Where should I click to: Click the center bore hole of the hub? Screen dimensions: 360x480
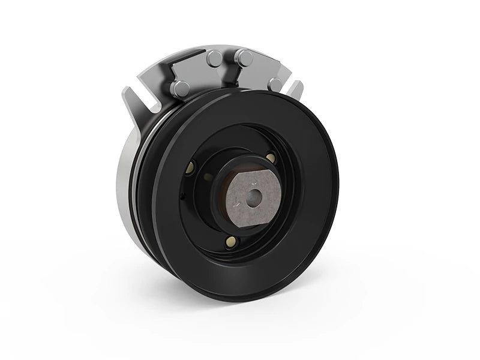pos(255,195)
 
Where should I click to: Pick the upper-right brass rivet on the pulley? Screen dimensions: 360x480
pos(271,157)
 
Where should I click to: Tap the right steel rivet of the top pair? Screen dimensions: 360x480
pos(244,58)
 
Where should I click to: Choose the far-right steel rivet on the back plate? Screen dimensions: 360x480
pos(275,83)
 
